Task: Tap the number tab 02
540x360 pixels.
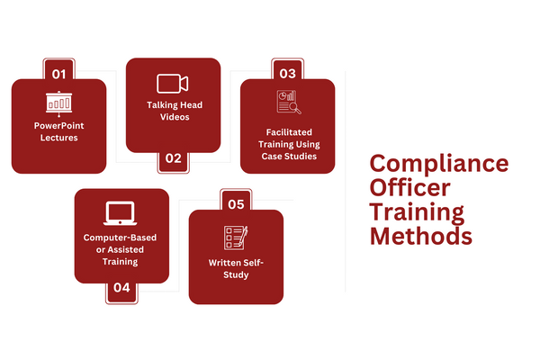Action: click(x=173, y=160)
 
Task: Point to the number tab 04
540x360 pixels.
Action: click(x=122, y=291)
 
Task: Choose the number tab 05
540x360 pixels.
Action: click(x=236, y=204)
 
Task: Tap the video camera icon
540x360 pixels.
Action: click(x=173, y=84)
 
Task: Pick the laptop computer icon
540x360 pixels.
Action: click(x=121, y=213)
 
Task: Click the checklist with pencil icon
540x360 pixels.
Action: click(x=235, y=238)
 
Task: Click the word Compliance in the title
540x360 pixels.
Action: click(x=439, y=165)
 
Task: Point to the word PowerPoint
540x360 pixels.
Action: click(x=58, y=125)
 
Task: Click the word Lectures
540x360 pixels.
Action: click(x=58, y=139)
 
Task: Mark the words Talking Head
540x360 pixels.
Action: click(x=174, y=104)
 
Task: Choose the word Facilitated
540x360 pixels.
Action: click(x=287, y=131)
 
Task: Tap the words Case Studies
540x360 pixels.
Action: click(x=287, y=157)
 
